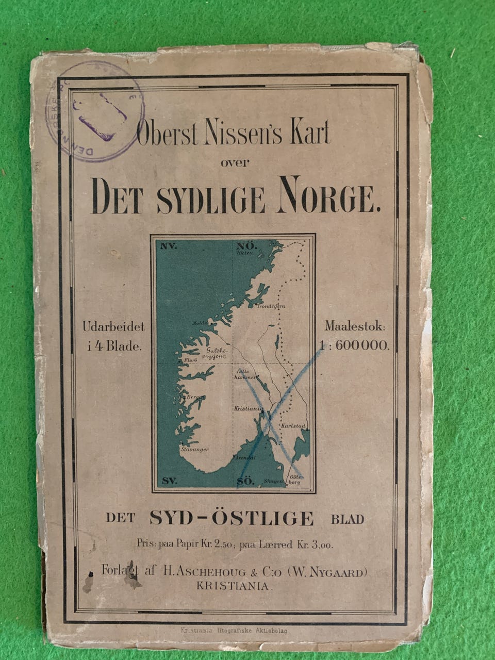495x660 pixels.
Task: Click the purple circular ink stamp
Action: coord(95,111)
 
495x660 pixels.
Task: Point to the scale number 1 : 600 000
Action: coord(354,346)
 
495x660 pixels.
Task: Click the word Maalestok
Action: coord(355,326)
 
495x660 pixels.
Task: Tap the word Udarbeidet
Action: coord(113,326)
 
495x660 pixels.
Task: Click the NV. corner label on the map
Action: coord(169,246)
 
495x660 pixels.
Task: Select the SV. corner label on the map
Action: coord(169,481)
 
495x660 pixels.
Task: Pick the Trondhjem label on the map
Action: coord(271,306)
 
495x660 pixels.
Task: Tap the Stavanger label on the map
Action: coord(194,450)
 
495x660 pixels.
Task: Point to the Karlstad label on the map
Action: coord(294,427)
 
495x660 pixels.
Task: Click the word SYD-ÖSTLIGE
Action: coord(232,518)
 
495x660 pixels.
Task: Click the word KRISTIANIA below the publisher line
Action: coord(233,586)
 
